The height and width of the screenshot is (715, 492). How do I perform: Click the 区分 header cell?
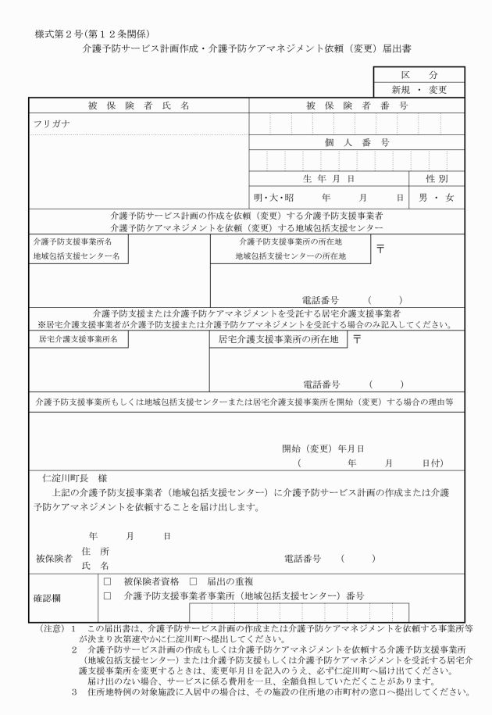pyautogui.click(x=418, y=75)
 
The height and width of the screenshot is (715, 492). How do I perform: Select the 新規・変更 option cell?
pyautogui.click(x=418, y=90)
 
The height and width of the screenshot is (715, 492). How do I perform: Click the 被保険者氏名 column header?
pyautogui.click(x=138, y=105)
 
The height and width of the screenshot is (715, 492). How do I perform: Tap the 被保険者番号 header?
pyautogui.click(x=357, y=105)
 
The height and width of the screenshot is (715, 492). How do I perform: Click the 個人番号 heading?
pyautogui.click(x=357, y=143)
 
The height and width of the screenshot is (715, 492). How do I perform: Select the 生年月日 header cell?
pyautogui.click(x=329, y=179)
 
